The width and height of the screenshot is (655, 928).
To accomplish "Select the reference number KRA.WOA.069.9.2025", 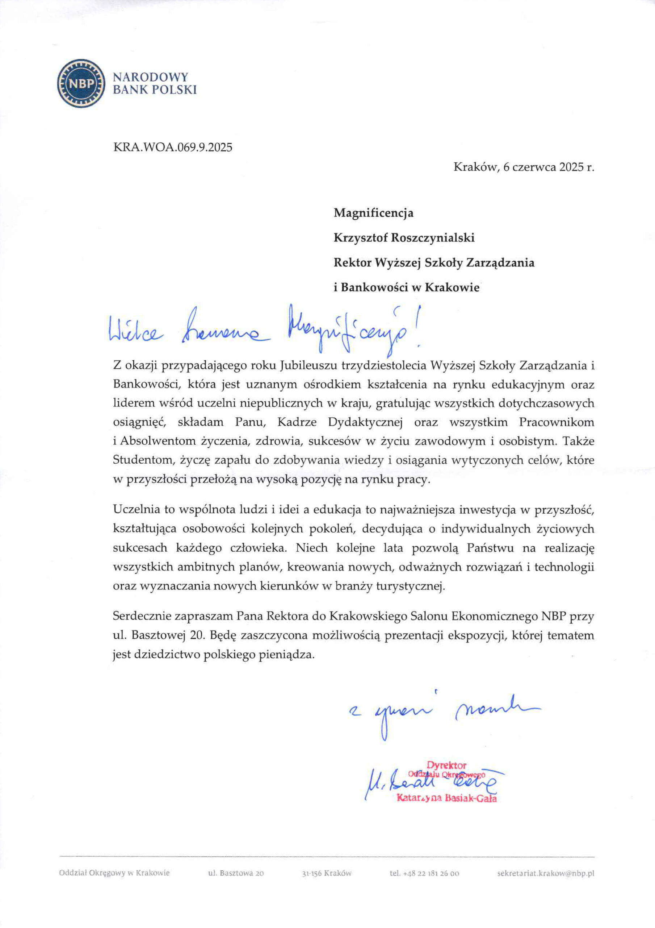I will [x=173, y=147].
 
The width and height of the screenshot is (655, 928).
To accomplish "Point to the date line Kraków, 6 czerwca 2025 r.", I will [x=524, y=167].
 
